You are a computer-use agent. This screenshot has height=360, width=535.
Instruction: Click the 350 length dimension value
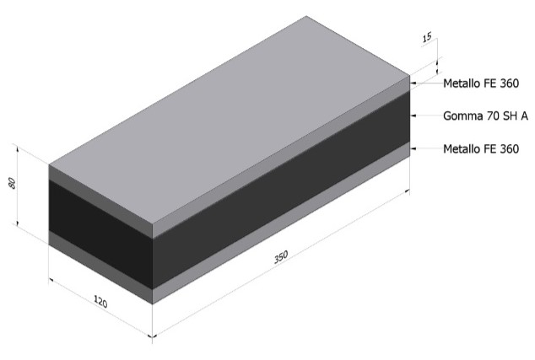[281, 257]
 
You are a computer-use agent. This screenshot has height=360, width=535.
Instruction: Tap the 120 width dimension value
[100, 301]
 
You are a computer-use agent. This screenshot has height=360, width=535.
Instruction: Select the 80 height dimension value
[12, 183]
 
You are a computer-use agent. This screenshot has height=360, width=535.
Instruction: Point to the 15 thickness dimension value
[427, 37]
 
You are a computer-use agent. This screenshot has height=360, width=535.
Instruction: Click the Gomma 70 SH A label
[485, 116]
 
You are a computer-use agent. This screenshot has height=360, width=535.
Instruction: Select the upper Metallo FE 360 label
[481, 83]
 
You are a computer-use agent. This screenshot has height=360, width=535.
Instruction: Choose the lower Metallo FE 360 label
[481, 148]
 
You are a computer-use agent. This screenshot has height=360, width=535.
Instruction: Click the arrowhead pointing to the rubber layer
[413, 116]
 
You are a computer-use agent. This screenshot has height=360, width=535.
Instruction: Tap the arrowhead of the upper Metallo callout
[413, 83]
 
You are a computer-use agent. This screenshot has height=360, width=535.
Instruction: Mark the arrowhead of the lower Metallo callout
[413, 148]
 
